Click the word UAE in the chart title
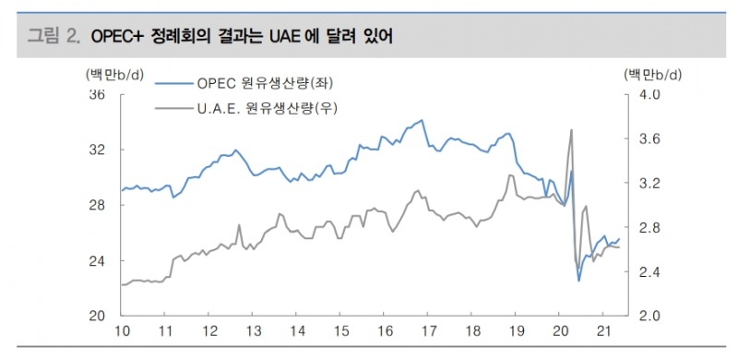[282, 37]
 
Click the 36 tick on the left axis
[96, 94]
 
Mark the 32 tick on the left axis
[96, 150]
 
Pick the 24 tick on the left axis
[96, 260]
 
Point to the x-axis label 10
[120, 331]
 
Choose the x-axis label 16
[385, 331]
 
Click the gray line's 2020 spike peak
[572, 130]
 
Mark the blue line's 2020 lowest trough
[579, 280]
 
